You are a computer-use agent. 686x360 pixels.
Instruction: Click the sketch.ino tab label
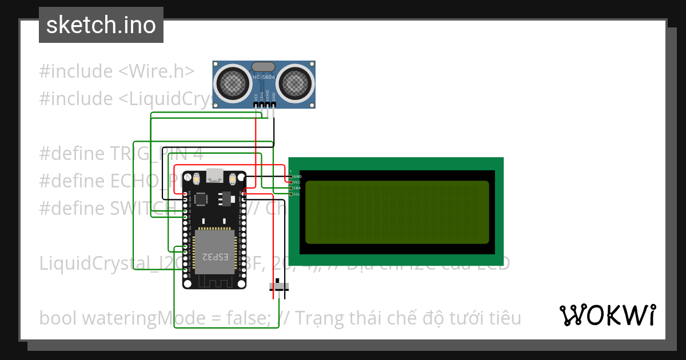pyautogui.click(x=101, y=25)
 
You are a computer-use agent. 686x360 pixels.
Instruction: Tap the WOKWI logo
pyautogui.click(x=607, y=315)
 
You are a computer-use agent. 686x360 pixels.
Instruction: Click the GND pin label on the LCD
pyautogui.click(x=297, y=177)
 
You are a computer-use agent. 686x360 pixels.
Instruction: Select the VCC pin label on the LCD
pyautogui.click(x=297, y=182)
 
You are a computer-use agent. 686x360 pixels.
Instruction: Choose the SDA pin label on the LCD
pyautogui.click(x=297, y=188)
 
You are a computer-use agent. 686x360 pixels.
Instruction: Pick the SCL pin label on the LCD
pyautogui.click(x=297, y=194)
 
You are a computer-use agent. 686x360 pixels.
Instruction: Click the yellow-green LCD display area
pyautogui.click(x=397, y=212)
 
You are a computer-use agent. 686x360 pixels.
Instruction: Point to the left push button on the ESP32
pyautogui.click(x=196, y=179)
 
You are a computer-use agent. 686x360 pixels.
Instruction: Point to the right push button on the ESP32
pyautogui.click(x=233, y=179)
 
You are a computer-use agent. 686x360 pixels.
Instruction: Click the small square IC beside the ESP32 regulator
pyautogui.click(x=201, y=199)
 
